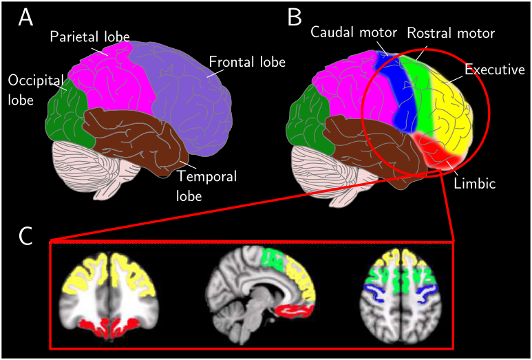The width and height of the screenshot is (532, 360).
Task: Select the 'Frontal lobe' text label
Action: pyautogui.click(x=246, y=62)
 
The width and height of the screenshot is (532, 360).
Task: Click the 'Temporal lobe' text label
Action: pyautogui.click(x=206, y=186)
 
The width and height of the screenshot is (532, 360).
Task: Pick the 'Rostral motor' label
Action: pyautogui.click(x=451, y=32)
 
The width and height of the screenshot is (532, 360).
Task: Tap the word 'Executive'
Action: pyautogui.click(x=494, y=70)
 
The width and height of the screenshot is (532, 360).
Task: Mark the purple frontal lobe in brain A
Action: pyautogui.click(x=179, y=89)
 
